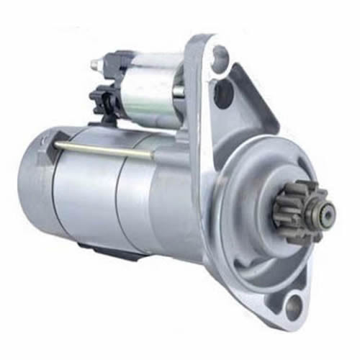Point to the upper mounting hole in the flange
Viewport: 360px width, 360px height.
220,58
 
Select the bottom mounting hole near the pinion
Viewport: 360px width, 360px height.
292,307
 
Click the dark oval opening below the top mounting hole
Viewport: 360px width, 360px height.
224,93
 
